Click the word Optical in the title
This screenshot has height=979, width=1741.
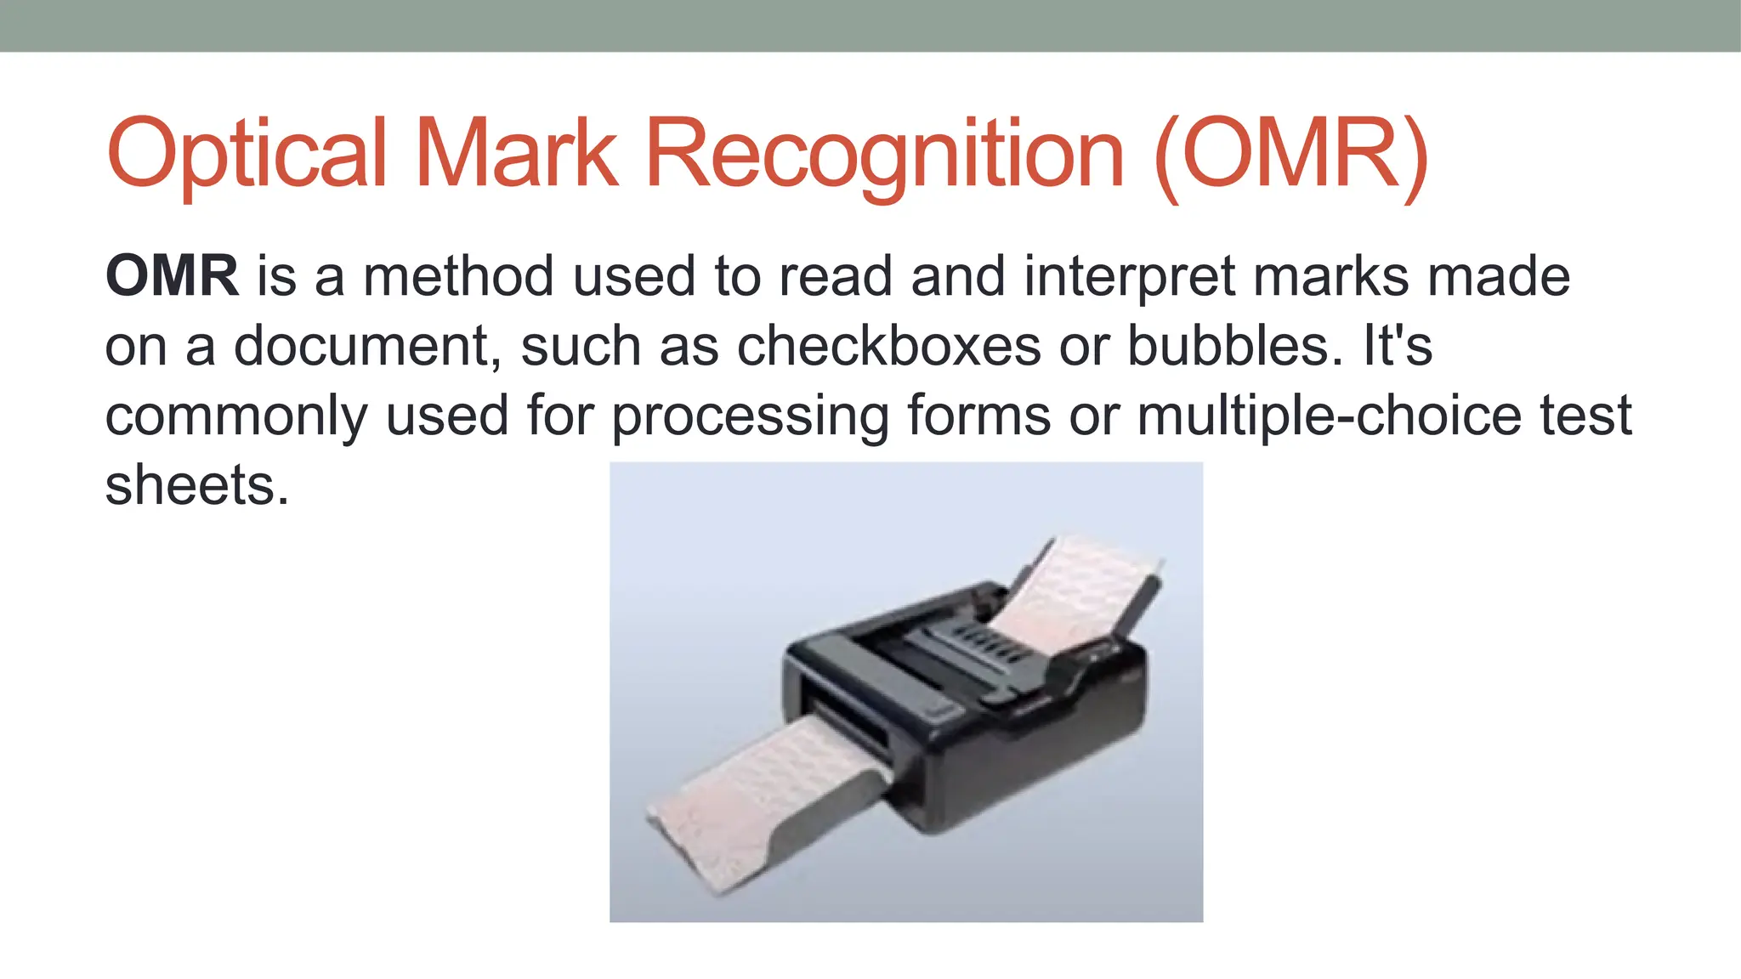tap(247, 155)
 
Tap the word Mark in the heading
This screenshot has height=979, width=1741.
tap(516, 153)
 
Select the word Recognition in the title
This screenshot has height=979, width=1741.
tap(885, 155)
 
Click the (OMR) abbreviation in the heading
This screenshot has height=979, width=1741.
tap(1291, 153)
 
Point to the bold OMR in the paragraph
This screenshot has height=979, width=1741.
tap(172, 276)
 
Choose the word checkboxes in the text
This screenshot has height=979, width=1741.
tap(888, 347)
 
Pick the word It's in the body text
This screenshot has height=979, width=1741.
tap(1398, 347)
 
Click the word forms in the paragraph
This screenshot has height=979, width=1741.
tap(978, 416)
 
